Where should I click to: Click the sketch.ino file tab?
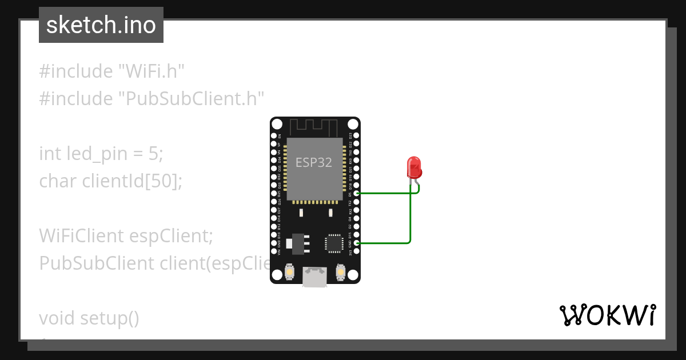(101, 25)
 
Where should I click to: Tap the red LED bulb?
(414, 167)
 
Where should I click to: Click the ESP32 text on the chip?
(313, 162)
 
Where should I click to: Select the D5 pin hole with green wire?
(357, 194)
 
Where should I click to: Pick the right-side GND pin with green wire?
(357, 243)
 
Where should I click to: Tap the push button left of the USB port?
(290, 273)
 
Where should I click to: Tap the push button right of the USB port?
(341, 273)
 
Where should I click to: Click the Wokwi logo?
(607, 315)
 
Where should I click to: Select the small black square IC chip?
(333, 243)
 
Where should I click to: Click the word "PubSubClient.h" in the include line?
(192, 99)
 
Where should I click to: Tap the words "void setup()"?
(89, 318)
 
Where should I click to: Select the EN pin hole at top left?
(274, 136)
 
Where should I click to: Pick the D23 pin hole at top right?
(357, 136)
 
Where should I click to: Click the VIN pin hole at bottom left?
(274, 252)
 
